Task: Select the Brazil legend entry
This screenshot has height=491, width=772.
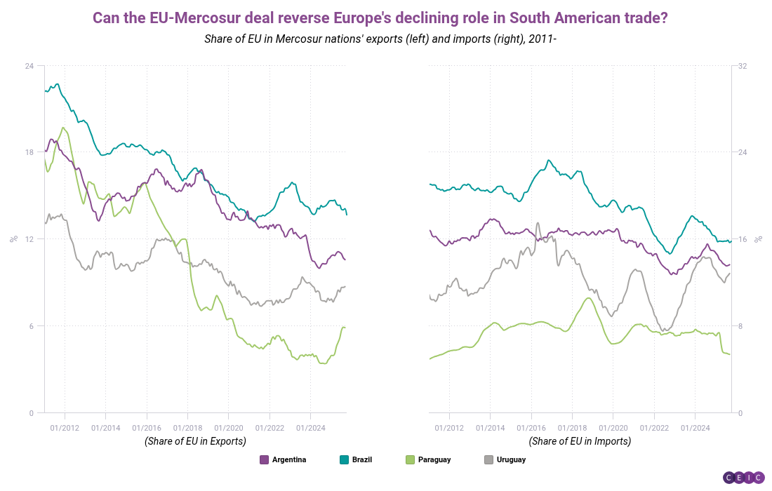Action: pyautogui.click(x=356, y=460)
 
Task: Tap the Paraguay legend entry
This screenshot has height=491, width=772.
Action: pyautogui.click(x=428, y=460)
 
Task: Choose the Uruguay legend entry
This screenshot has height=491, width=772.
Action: pyautogui.click(x=505, y=460)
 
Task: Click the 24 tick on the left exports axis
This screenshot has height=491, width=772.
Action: pyautogui.click(x=29, y=66)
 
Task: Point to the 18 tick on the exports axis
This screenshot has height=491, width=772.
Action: pyautogui.click(x=29, y=152)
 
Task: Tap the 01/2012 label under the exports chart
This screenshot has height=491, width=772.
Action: pyautogui.click(x=65, y=426)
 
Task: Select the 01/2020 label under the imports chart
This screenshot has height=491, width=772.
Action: pyautogui.click(x=612, y=426)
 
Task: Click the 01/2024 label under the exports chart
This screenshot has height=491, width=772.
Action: pyautogui.click(x=310, y=426)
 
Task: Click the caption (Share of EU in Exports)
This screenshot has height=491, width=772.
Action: pyautogui.click(x=195, y=441)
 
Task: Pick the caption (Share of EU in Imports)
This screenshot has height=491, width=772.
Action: pyautogui.click(x=580, y=441)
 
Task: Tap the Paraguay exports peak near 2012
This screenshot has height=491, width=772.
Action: pyautogui.click(x=64, y=128)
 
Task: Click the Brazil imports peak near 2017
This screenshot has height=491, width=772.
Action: pyautogui.click(x=549, y=160)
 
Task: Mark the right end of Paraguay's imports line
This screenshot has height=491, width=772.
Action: pyautogui.click(x=731, y=354)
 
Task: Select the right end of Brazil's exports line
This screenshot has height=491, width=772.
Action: pyautogui.click(x=347, y=214)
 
